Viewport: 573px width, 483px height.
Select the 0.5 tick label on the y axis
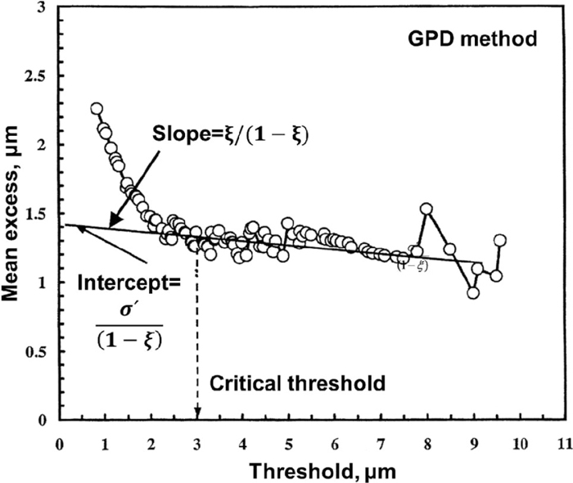coord(35,352)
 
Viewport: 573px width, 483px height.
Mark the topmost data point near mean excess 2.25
coord(97,109)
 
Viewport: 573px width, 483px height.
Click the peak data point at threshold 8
coord(426,209)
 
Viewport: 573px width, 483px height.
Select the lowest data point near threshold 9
coord(473,292)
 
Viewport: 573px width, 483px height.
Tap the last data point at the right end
coord(499,240)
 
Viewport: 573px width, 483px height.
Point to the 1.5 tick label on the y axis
coord(35,214)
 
